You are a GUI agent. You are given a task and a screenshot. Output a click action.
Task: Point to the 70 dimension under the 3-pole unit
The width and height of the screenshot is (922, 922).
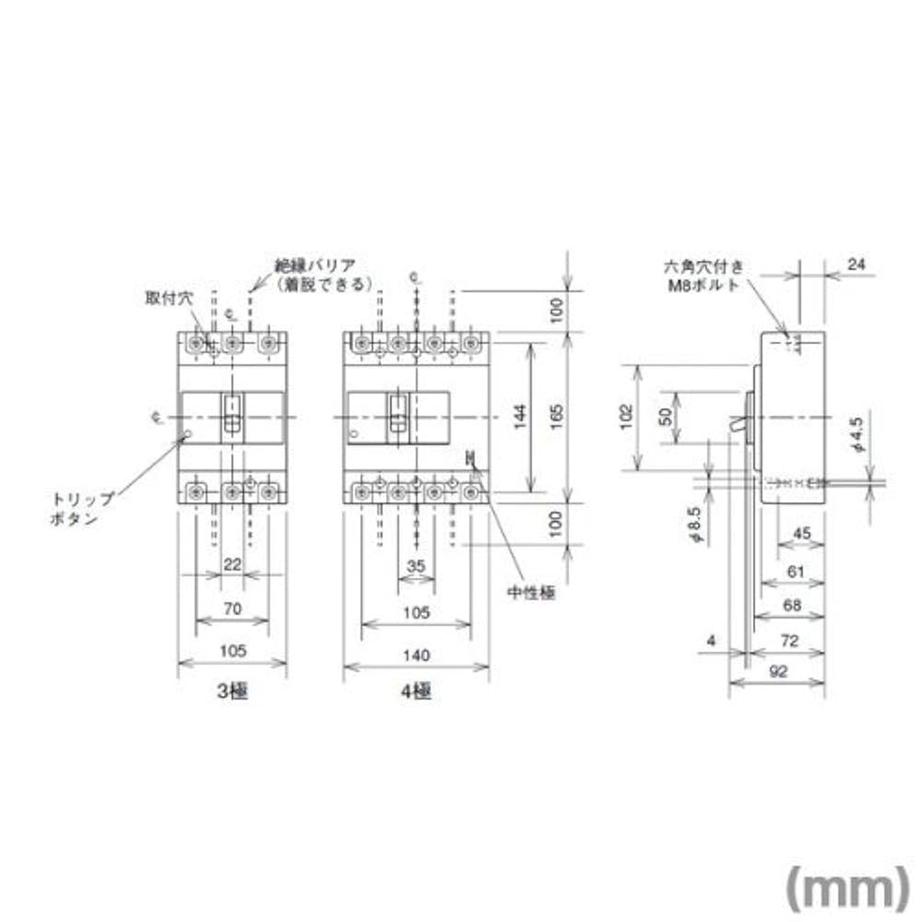point(232,609)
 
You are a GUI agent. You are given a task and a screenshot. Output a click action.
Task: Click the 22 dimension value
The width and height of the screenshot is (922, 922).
point(232,564)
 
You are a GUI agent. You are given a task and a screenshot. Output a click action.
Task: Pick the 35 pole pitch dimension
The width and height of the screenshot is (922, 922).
point(416,566)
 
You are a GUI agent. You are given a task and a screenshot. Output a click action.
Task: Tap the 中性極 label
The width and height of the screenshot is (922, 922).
point(533,593)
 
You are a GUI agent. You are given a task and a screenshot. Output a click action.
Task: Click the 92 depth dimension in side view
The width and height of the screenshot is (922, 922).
point(778,672)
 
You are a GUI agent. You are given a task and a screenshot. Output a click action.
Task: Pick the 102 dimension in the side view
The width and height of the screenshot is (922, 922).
point(626,418)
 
